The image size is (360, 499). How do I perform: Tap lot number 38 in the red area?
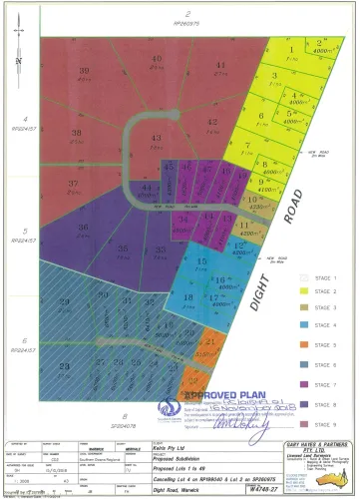[x=76, y=132]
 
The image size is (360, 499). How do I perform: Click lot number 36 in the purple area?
[x=84, y=228]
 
